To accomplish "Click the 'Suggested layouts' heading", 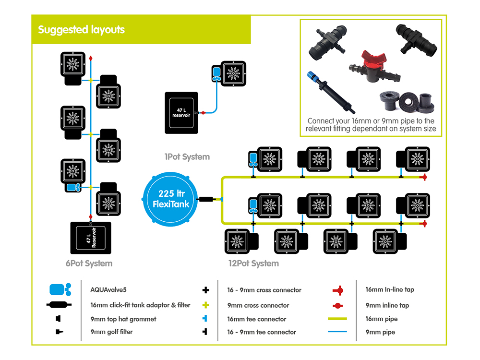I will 82,30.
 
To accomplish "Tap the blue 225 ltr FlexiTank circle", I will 171,198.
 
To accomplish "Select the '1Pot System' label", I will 187,156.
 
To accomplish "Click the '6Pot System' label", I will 89,263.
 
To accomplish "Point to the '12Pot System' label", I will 253,263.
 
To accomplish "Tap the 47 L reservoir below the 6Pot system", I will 91,237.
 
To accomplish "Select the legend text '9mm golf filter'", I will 111,332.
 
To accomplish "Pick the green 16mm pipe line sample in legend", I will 336,319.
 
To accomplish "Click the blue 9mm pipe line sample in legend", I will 336,332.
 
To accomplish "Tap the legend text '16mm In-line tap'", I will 389,289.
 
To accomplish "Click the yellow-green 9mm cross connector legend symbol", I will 206,305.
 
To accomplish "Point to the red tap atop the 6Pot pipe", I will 91,59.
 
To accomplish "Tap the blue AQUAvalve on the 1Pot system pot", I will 216,73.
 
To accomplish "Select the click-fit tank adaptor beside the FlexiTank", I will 208,198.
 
